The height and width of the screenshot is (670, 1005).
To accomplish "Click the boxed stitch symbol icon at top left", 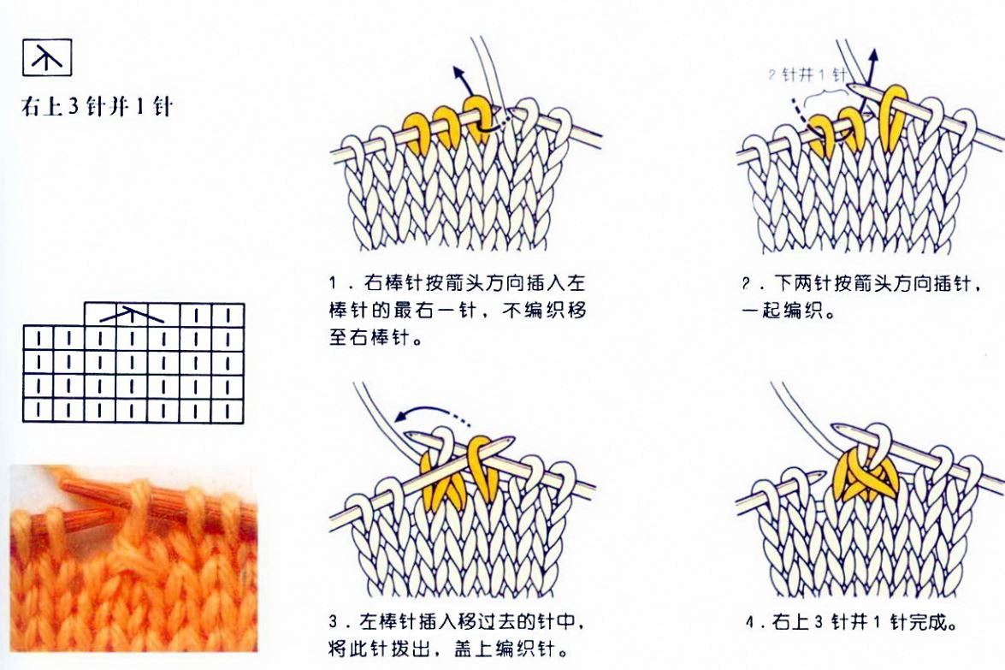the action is [47, 57].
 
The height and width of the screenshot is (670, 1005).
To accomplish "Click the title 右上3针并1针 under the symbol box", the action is [97, 106].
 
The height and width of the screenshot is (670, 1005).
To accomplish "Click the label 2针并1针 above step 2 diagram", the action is [807, 75].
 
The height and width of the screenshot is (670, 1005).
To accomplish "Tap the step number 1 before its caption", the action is [334, 283].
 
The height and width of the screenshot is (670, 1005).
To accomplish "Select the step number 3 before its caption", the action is [334, 621].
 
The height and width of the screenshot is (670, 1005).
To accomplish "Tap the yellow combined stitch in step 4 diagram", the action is [863, 471].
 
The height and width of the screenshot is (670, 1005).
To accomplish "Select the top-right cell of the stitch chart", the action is [228, 315].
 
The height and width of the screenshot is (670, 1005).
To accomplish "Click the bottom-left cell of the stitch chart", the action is [38, 411].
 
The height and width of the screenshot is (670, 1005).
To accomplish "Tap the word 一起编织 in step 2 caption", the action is [781, 311].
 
